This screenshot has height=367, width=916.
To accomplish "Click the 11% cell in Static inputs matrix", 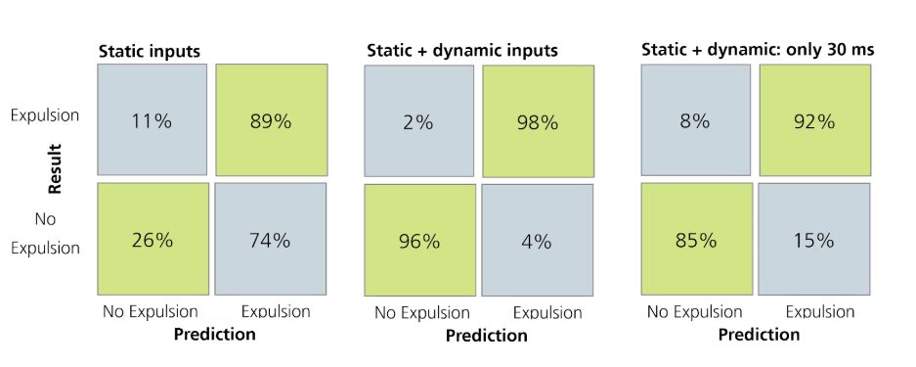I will click(152, 120).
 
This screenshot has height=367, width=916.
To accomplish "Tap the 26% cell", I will click(152, 239).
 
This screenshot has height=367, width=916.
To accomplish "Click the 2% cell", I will click(420, 121).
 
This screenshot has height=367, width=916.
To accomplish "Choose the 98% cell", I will click(537, 121).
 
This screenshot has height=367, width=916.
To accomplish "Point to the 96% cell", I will click(420, 240).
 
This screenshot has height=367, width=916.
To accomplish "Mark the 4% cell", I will click(537, 240).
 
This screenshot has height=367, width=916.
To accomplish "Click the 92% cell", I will click(812, 121).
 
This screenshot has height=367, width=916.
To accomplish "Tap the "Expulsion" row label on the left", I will click(44, 115).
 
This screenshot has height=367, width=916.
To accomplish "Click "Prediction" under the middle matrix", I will click(486, 336).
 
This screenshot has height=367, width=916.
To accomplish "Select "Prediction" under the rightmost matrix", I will click(759, 334).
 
